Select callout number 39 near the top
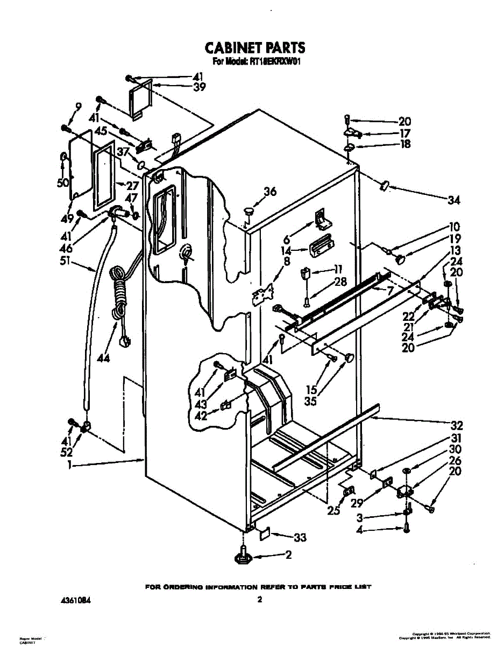tap(184, 86)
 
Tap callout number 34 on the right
tap(453, 200)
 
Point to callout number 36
tap(270, 191)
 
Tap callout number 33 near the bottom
tap(299, 537)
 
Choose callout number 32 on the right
tap(456, 424)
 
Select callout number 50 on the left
tap(63, 182)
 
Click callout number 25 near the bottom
tap(334, 511)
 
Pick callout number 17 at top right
tap(404, 133)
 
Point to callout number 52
tap(67, 453)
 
